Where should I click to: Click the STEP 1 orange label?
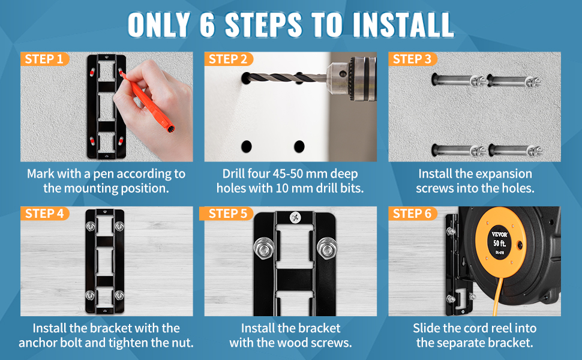pos(44,59)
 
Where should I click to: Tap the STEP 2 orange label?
pos(228,59)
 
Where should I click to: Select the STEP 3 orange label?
pos(412,59)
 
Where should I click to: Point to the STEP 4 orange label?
pos(44,214)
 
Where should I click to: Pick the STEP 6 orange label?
pos(412,214)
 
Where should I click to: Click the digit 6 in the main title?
pos(207,25)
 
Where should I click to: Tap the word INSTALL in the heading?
pos(403,25)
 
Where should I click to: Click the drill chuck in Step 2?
pos(351,79)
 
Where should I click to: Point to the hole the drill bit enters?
pos(245,79)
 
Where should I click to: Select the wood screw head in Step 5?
pos(295,217)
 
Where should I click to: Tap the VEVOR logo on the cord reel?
pos(500,234)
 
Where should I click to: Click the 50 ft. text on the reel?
pos(500,244)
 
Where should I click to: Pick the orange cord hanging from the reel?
pos(497,296)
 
